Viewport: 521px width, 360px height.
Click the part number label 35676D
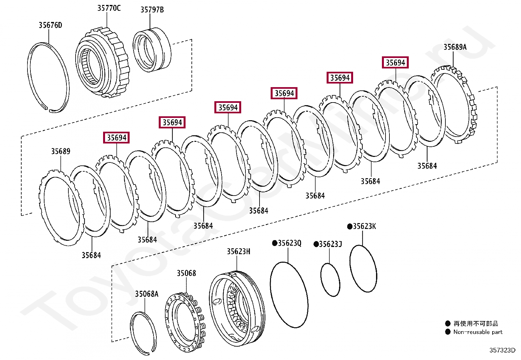50,25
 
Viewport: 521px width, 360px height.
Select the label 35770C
109,8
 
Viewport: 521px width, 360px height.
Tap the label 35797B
152,10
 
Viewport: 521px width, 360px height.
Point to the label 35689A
455,47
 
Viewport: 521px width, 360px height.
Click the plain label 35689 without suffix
61,151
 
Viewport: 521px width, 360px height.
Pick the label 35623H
238,252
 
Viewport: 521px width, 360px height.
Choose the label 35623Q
289,243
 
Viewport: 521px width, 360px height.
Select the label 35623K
364,226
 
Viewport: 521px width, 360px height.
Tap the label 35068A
146,294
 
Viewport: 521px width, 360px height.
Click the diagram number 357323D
502,350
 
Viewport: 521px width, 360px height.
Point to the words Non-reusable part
477,332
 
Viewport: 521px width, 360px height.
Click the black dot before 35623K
350,226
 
